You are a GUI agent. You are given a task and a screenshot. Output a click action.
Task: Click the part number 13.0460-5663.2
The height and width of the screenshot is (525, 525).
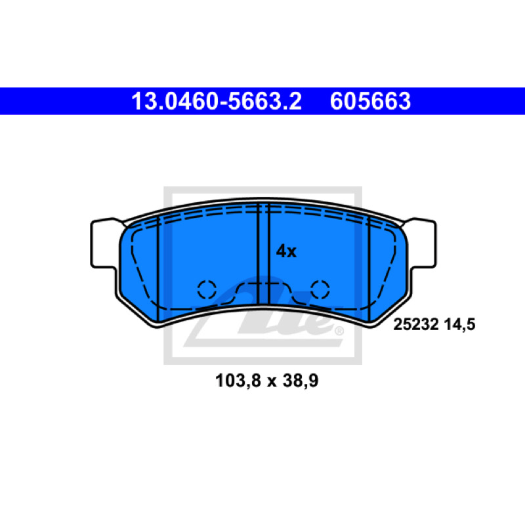pyautogui.click(x=217, y=101)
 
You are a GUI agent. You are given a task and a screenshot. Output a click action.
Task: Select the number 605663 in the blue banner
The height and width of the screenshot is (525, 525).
pyautogui.click(x=370, y=101)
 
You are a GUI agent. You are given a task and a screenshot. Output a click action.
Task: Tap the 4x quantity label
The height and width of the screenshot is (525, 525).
pyautogui.click(x=286, y=251)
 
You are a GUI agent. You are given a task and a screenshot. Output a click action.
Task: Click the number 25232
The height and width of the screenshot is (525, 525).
pyautogui.click(x=416, y=324)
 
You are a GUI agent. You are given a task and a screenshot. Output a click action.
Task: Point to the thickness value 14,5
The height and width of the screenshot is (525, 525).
pyautogui.click(x=460, y=325)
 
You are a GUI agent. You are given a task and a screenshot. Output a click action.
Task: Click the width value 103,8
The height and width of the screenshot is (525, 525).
pyautogui.click(x=238, y=381)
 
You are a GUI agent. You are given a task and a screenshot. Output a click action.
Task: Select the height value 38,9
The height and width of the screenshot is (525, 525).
pyautogui.click(x=301, y=381)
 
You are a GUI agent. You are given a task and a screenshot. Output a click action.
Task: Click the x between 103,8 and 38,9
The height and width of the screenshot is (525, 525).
pyautogui.click(x=272, y=382)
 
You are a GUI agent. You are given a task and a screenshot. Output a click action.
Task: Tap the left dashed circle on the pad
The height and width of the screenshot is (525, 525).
pyautogui.click(x=207, y=289)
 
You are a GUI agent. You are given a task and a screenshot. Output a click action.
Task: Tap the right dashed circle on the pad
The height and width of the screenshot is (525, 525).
pyautogui.click(x=320, y=289)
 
